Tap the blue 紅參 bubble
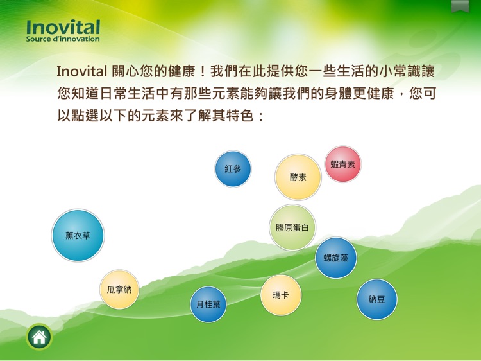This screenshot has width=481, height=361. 233,169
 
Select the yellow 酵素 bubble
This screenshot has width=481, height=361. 298,177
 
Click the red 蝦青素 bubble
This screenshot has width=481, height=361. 343,164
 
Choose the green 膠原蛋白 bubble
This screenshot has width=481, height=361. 292,227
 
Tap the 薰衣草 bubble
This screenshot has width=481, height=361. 78,236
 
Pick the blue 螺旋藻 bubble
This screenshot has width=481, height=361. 335,258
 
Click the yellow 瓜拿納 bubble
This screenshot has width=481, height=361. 119,290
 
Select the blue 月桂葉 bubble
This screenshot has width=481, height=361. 208,304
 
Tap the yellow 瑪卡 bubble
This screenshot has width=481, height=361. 281,295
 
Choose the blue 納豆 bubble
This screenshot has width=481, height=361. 376,299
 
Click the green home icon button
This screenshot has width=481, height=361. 39,337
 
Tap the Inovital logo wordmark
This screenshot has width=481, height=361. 63,27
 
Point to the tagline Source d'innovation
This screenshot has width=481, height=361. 63,39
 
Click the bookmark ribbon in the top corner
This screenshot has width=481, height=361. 460,6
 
